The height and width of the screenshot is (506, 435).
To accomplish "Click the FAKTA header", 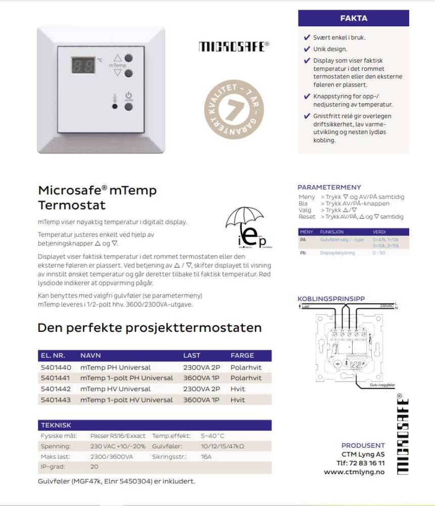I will [354, 18].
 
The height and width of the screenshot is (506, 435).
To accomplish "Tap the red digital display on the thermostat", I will [82, 65].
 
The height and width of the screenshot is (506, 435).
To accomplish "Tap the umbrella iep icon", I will [245, 228].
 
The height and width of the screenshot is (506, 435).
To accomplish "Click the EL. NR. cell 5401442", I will [56, 389].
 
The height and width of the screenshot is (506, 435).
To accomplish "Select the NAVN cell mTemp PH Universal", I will [115, 367].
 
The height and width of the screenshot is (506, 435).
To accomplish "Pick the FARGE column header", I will [242, 355].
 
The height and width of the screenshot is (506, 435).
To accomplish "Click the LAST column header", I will [192, 355].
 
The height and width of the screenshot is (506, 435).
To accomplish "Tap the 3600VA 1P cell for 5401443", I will [201, 400].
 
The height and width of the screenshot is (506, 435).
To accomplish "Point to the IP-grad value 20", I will [94, 467].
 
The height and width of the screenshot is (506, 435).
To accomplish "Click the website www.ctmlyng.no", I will [354, 472].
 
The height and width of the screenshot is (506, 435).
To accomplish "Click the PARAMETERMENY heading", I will [329, 187].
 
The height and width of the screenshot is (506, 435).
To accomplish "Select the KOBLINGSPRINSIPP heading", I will [331, 299].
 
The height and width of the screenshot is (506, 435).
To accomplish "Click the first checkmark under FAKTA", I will [307, 37].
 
